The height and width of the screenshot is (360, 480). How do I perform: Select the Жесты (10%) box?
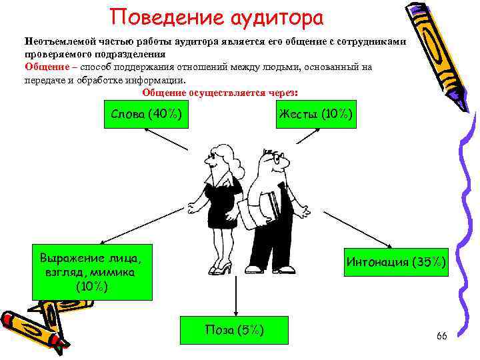[315, 114]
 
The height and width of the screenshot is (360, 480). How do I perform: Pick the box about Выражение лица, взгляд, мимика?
[92, 272]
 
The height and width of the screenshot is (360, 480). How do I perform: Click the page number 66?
[441, 335]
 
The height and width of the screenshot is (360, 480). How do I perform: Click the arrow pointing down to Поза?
[234, 293]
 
